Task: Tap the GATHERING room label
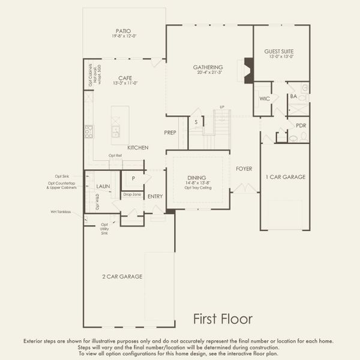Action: click(208, 67)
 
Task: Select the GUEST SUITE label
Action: click(279, 52)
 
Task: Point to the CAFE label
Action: click(125, 78)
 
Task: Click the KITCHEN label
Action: click(138, 148)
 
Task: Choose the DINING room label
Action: click(196, 178)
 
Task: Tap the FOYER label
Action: click(244, 169)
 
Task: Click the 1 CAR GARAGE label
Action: click(286, 177)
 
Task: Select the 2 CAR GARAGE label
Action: click(122, 277)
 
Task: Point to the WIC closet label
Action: click(265, 98)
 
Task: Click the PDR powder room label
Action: click(301, 125)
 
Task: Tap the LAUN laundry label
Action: click(103, 187)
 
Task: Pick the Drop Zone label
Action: click(131, 194)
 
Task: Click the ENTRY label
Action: click(155, 196)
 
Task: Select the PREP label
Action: click(170, 132)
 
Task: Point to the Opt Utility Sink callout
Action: click(104, 228)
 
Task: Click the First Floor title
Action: click(222, 319)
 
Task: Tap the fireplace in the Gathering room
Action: click(247, 69)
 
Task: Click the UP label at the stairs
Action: click(222, 107)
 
